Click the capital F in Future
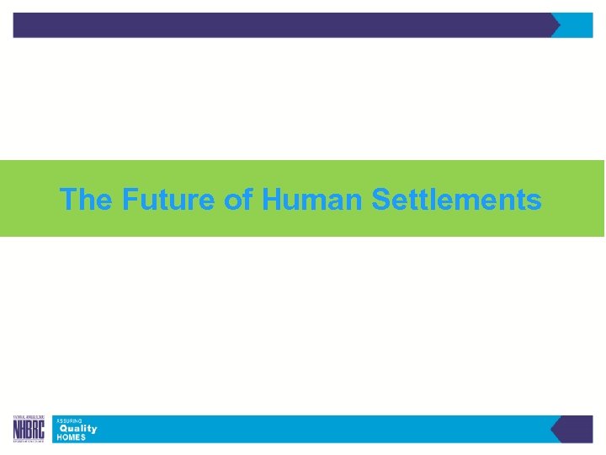[129, 201]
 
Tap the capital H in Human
[271, 201]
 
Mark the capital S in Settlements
[379, 201]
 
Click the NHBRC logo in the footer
[29, 429]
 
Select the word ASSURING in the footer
[69, 420]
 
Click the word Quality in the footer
[77, 429]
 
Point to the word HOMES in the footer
[71, 437]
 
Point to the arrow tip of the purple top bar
[557, 25]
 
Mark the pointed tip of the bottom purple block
[552, 429]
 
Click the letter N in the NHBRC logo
[17, 431]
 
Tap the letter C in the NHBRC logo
[42, 431]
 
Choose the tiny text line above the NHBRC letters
[29, 418]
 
